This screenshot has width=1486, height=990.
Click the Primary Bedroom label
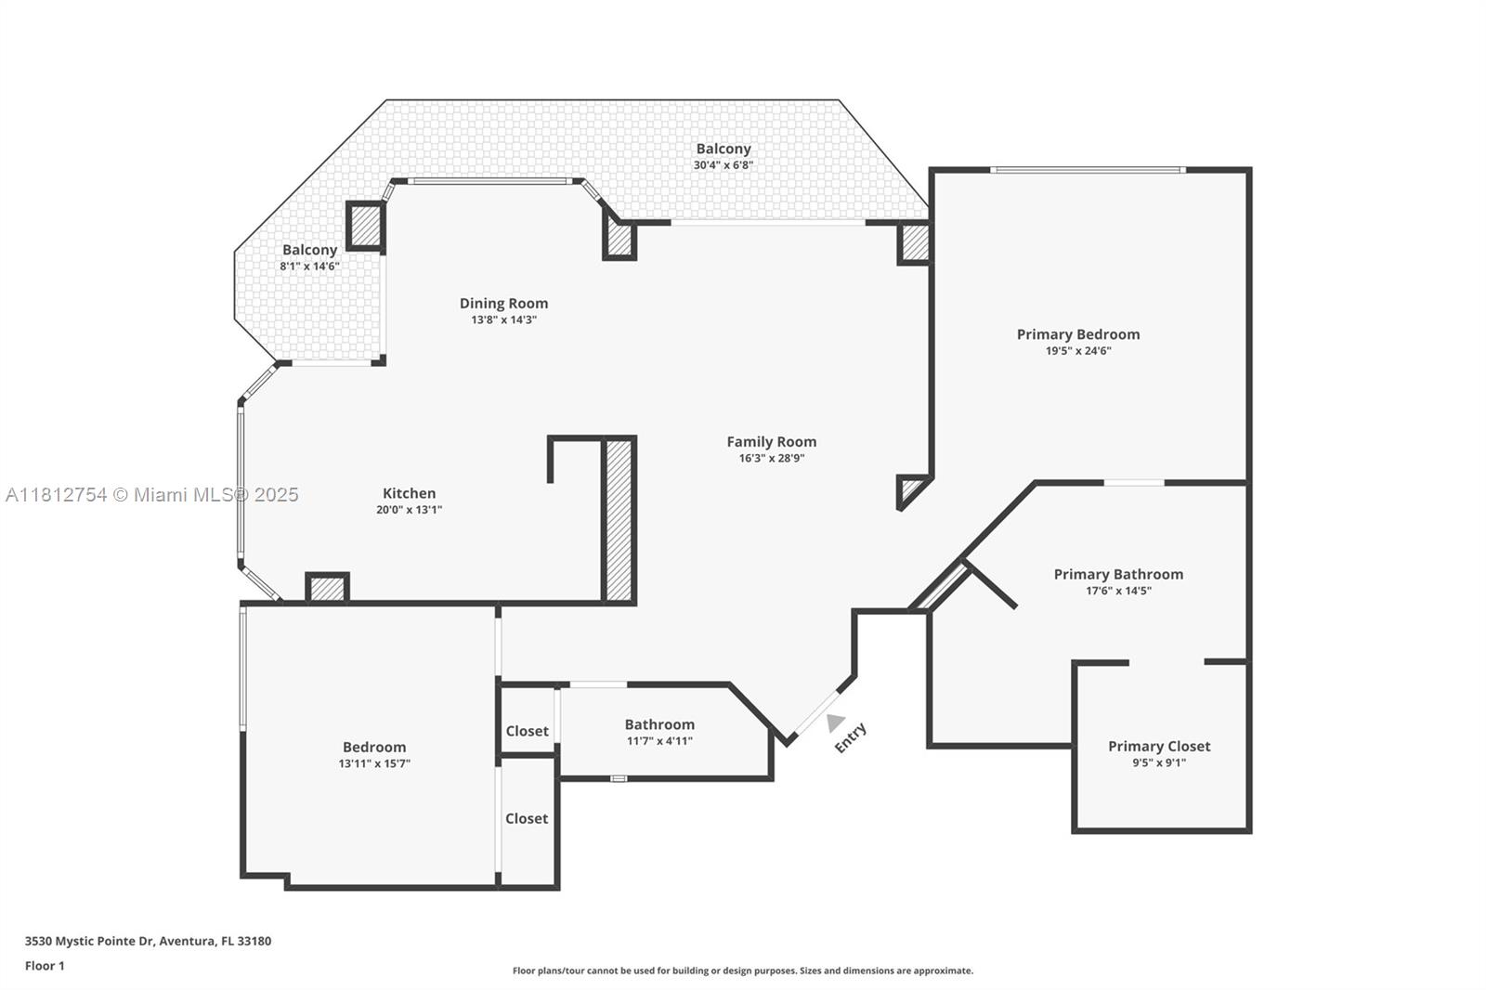point(1077,334)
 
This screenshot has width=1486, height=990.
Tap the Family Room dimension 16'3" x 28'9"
point(771,458)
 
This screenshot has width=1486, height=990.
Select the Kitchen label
point(409,493)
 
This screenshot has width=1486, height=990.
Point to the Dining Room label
point(503,303)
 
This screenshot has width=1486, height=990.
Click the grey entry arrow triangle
point(835,722)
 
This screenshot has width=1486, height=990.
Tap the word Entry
point(851,737)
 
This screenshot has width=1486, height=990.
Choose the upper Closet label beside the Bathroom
point(527,731)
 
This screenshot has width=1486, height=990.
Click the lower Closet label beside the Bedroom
point(527,818)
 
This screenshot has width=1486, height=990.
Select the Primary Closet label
point(1159,746)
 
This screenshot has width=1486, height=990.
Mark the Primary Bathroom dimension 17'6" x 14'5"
point(1118,591)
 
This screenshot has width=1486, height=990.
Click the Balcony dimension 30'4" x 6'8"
point(723,165)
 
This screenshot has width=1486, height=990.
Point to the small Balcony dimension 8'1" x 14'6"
point(309,267)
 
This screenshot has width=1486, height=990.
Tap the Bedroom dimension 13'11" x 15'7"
point(374,763)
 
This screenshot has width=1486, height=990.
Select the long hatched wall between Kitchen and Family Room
point(619,520)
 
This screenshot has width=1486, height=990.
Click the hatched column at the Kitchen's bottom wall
point(327,589)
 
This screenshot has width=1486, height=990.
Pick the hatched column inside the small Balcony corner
point(365,226)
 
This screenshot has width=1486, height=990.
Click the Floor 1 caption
point(45,966)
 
